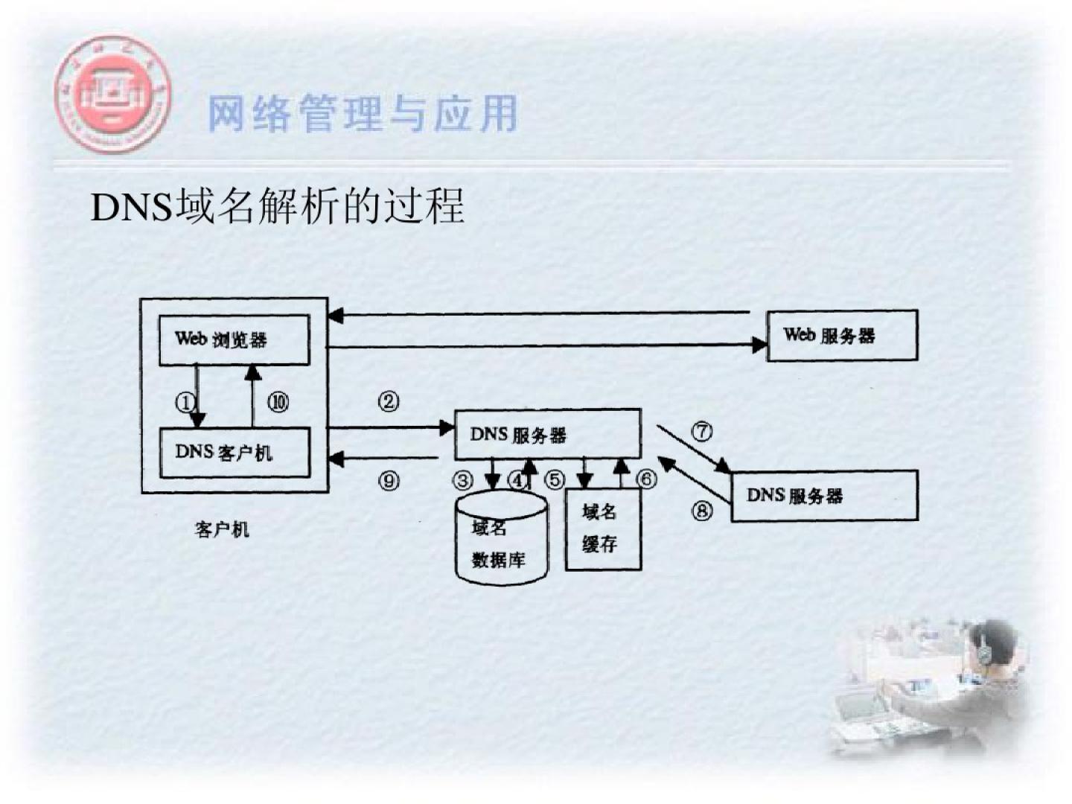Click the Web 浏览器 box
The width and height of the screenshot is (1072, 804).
234,339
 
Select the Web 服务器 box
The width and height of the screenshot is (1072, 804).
842,336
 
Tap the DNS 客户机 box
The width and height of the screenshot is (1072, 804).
234,452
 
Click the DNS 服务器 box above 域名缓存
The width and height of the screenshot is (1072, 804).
547,434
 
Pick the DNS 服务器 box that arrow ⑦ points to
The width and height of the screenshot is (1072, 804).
824,496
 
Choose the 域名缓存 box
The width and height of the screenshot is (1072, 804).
602,529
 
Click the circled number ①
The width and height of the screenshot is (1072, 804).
184,403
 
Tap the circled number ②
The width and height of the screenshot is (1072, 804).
389,402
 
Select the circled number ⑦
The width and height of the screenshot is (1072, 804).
702,431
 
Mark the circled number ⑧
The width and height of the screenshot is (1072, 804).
702,511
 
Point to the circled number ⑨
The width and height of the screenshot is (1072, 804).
389,480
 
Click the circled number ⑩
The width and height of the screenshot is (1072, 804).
278,403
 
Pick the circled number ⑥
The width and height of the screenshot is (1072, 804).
646,479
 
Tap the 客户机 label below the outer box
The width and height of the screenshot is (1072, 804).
222,529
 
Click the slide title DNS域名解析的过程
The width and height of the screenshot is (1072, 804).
278,206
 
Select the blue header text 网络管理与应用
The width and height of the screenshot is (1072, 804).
363,114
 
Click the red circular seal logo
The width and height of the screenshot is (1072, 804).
112,93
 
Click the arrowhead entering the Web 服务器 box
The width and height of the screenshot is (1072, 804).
759,345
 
